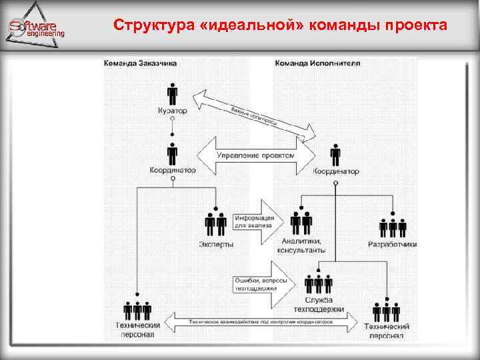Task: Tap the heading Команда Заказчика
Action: (140, 64)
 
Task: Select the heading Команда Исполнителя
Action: (317, 64)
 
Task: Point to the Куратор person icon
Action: (173, 93)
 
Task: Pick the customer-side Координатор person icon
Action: (173, 153)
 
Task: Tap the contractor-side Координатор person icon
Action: (335, 155)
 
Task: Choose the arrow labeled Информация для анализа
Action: (257, 219)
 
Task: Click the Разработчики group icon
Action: (393, 227)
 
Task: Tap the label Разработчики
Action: (393, 245)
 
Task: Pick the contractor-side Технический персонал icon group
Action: (387, 311)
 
